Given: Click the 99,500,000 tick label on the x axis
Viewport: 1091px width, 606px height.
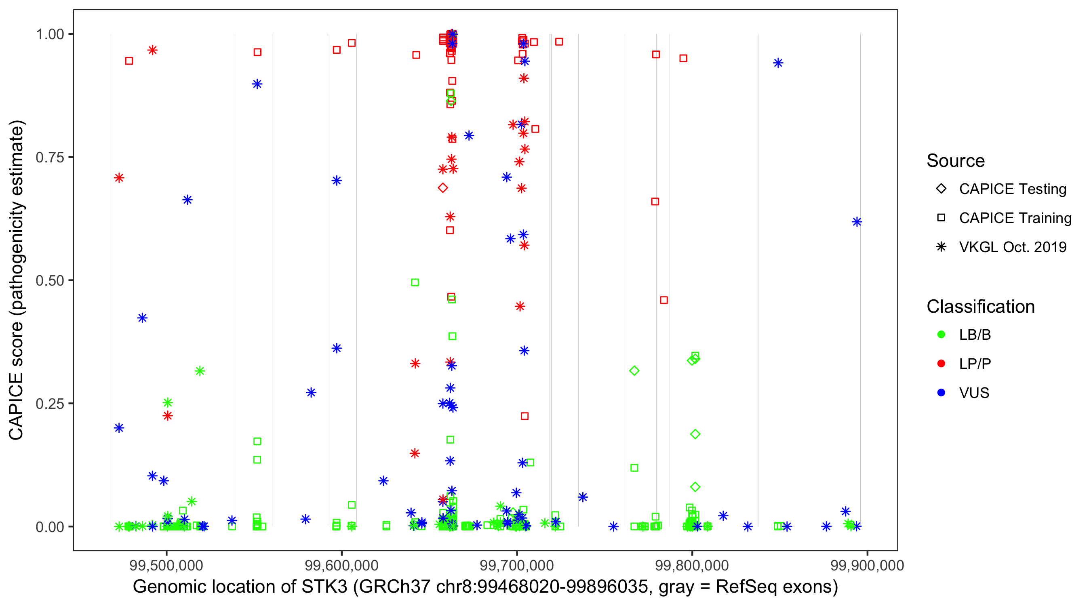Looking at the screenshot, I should tap(166, 565).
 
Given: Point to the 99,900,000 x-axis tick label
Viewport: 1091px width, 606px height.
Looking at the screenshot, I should tap(867, 565).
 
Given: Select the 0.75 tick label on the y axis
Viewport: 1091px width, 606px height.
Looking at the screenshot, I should tap(50, 158).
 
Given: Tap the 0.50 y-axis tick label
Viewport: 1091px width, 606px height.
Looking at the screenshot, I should tap(50, 280).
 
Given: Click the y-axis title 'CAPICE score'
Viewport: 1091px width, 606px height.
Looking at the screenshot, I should tap(17, 280).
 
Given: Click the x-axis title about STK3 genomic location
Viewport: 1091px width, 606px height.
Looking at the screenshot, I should tap(485, 587).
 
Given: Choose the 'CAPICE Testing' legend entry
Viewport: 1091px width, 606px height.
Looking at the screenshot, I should tap(1012, 189).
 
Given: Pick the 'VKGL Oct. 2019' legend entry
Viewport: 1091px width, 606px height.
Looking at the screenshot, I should tap(1012, 247).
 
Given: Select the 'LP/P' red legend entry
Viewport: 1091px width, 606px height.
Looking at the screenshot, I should tap(975, 364).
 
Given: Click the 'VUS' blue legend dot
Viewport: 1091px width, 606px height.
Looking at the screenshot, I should tap(941, 393).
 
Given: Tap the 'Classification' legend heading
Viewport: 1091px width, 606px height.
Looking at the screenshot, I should tap(980, 307).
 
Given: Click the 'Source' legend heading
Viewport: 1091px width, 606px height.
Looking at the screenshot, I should tap(956, 161).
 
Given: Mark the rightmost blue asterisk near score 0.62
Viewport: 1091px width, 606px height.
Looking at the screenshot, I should tap(856, 222).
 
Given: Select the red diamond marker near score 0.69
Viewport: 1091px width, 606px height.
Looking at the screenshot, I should tap(442, 187).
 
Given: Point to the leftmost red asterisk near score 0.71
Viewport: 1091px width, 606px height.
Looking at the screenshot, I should tap(119, 178).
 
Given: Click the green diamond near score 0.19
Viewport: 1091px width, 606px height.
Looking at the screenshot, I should tap(695, 434).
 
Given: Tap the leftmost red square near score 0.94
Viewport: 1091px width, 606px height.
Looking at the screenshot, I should tap(129, 61).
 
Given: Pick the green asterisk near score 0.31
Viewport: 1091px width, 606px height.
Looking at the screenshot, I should tap(200, 371).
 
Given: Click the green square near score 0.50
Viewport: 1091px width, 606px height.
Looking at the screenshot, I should tap(415, 282).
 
